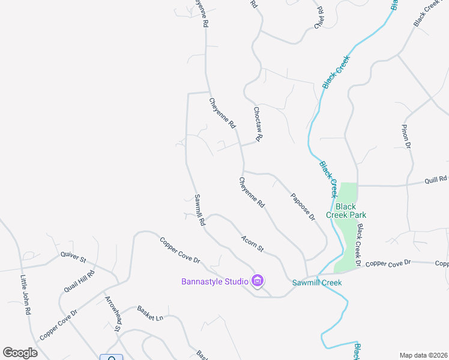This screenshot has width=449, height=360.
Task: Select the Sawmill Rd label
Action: (200, 209)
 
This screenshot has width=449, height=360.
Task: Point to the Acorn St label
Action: (253, 244)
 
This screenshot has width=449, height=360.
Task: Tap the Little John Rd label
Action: (25, 295)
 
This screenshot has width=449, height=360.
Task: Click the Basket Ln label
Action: (150, 313)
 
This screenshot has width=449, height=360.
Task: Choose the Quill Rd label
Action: (436, 179)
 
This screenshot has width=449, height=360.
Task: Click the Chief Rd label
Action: (319, 18)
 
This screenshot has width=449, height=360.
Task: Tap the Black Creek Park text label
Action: (346, 211)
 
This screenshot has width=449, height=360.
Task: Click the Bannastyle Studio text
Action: (215, 281)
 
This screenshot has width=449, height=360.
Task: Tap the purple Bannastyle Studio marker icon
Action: (258, 281)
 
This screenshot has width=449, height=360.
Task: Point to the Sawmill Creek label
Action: (317, 283)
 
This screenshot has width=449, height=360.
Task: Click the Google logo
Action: (20, 353)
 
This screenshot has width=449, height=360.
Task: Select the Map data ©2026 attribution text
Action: (423, 355)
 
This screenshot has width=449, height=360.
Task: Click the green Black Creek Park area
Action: (346, 240)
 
